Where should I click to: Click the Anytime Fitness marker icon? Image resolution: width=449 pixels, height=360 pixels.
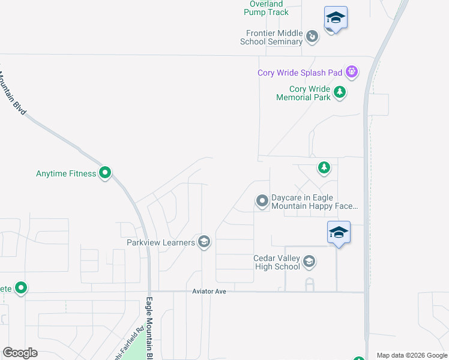tap(105, 173)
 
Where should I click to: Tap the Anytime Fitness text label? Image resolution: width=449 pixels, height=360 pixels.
tap(66, 173)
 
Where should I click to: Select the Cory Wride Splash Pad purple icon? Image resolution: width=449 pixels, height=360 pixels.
tap(352, 73)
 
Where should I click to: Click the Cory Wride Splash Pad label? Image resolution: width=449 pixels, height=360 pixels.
tap(300, 73)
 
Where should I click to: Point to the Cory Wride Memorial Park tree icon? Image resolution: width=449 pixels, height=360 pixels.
tap(340, 92)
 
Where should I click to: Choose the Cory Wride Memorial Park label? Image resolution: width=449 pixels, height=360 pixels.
tap(303, 93)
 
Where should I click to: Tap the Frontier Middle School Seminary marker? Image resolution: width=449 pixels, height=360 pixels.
tap(312, 37)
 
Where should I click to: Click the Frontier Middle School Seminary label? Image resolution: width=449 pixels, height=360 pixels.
tap(271, 38)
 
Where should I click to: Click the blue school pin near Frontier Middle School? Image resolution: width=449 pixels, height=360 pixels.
tap(336, 18)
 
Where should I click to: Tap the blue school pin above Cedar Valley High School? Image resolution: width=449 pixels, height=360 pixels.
tap(339, 232)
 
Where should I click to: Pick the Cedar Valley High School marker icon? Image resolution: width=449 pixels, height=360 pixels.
tap(309, 261)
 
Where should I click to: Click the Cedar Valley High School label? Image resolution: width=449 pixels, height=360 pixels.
tap(276, 262)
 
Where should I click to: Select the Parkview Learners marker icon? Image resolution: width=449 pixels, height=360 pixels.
tap(204, 242)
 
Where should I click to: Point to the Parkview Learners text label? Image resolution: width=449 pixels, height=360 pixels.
tap(161, 242)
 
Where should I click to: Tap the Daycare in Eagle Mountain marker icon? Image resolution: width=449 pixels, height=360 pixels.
tap(262, 201)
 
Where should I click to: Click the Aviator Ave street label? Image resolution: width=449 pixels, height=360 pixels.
tap(209, 291)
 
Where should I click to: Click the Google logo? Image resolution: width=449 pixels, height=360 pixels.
tap(20, 353)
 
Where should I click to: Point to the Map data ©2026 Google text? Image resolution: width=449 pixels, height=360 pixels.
tap(411, 355)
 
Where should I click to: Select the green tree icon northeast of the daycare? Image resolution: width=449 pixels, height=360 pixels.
tap(324, 167)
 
